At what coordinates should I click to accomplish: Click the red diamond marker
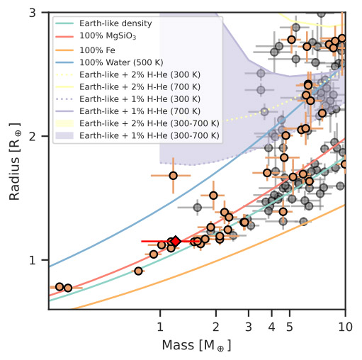(176, 241)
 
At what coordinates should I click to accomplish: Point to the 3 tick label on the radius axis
(33, 13)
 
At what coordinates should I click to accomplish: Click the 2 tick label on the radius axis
(33, 136)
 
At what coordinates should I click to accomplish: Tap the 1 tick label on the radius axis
(33, 260)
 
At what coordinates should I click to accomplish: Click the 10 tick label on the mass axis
(345, 327)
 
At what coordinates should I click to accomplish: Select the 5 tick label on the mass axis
(290, 327)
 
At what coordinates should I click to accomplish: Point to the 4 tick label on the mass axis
(272, 327)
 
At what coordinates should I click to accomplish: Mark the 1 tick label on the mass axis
(160, 327)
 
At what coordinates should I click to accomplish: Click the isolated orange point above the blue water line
(174, 176)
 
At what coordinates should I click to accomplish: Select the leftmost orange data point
(60, 287)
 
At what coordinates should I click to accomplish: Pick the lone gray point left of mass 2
(198, 208)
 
